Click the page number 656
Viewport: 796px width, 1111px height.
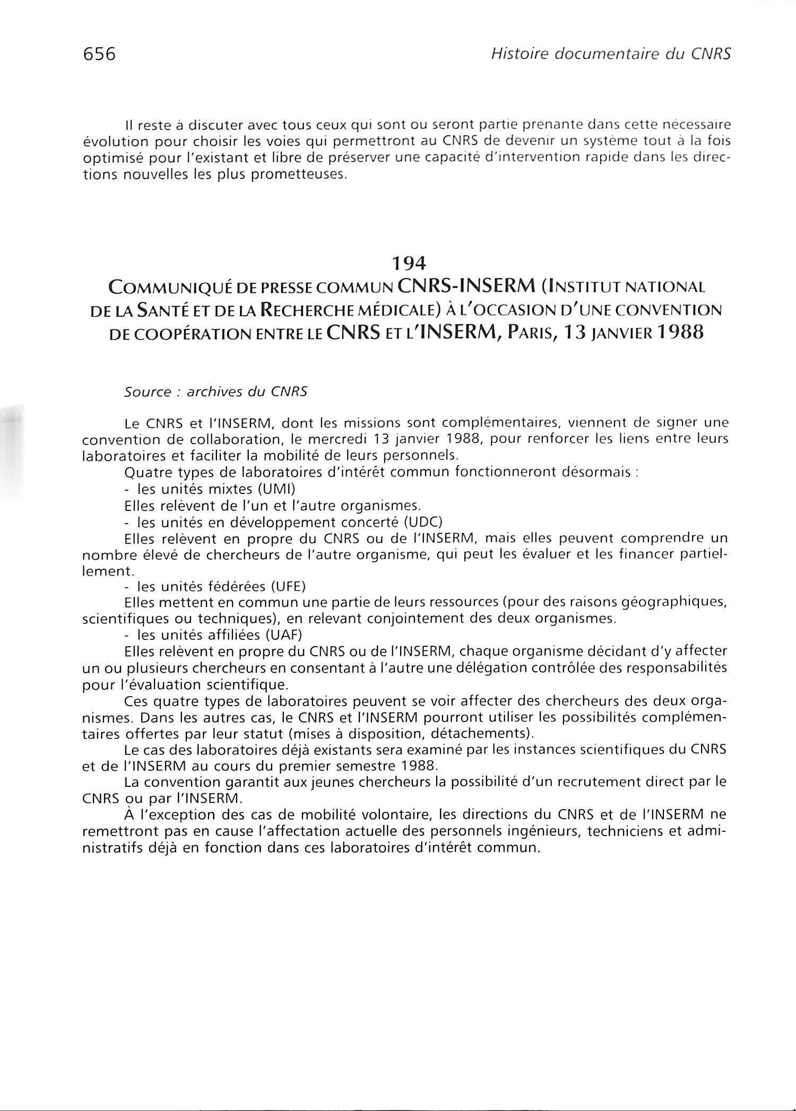pyautogui.click(x=99, y=54)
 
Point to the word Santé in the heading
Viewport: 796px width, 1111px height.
pyautogui.click(x=162, y=310)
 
